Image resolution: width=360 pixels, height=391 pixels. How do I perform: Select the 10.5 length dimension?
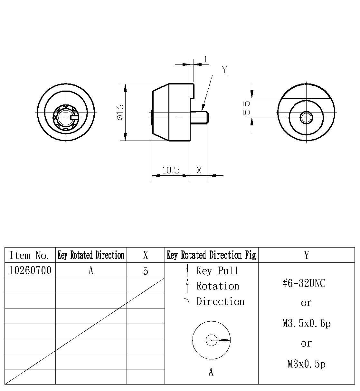tap(170, 170)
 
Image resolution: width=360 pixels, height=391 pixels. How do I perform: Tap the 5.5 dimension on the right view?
tap(247, 108)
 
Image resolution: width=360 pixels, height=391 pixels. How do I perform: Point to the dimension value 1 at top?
tap(206, 59)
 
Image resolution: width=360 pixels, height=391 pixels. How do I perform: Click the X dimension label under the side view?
tap(199, 170)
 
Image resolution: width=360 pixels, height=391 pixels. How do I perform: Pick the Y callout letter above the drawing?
tap(224, 70)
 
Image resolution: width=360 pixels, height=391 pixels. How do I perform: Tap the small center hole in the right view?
tap(306, 118)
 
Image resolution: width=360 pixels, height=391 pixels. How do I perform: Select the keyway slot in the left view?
tap(74, 117)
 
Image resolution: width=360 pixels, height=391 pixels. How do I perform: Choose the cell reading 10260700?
tap(30, 270)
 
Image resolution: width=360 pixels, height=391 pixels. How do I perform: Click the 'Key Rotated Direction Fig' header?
tap(211, 255)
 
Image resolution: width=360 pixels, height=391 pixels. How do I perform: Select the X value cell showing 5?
tap(146, 271)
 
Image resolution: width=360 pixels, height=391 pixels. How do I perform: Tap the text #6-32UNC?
tap(304, 283)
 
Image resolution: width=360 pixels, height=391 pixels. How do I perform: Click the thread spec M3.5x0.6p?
tap(306, 323)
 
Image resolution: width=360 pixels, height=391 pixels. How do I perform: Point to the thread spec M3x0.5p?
tap(306, 364)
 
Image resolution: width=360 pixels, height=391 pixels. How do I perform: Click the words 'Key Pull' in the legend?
tap(218, 271)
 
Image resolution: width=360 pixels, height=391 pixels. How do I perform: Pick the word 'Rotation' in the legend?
tap(218, 286)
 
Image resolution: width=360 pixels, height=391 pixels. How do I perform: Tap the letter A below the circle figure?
tap(211, 372)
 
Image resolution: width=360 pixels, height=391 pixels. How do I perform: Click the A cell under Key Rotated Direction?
tap(91, 271)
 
